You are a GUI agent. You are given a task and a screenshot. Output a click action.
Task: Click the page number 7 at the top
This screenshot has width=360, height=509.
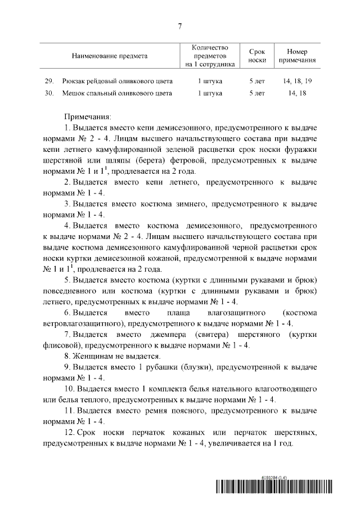(x=179, y=24)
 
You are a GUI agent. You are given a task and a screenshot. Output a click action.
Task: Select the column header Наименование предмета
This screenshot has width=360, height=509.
(x=109, y=56)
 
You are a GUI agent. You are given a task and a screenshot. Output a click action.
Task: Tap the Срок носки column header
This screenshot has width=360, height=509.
(x=256, y=56)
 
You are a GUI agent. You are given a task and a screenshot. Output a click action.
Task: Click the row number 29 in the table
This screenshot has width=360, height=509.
(x=49, y=81)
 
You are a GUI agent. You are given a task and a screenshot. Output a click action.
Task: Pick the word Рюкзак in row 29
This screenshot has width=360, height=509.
(x=75, y=81)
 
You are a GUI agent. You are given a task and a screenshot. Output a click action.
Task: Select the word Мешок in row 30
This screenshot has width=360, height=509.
(x=73, y=93)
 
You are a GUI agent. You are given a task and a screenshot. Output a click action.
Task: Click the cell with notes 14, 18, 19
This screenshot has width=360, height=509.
(x=298, y=81)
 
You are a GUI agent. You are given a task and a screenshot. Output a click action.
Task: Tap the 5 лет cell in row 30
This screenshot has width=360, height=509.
(x=256, y=93)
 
